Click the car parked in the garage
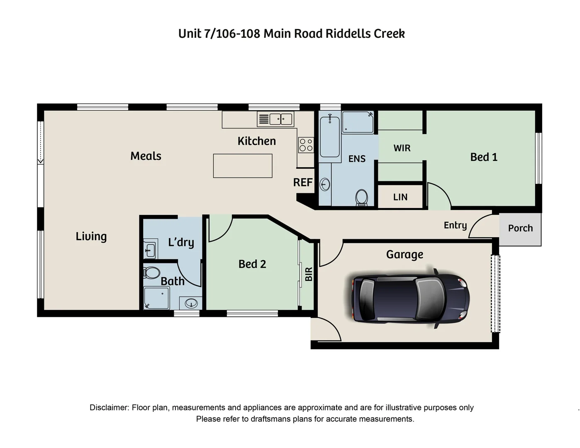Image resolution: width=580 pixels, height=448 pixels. click(x=410, y=297)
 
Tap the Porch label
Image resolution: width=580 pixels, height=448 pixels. click(x=520, y=228)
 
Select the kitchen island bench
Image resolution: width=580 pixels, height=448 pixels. click(x=243, y=166)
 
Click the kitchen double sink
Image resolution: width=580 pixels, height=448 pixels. click(x=281, y=119)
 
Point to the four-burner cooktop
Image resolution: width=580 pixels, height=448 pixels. click(x=306, y=145)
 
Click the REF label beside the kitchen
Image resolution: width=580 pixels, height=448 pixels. click(x=303, y=183)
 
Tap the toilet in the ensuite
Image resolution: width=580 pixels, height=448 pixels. click(x=361, y=197)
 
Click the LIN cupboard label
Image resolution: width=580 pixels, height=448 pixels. click(x=400, y=197)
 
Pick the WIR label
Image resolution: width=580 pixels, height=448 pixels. click(x=402, y=148)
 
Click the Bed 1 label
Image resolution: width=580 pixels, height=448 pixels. click(x=484, y=157)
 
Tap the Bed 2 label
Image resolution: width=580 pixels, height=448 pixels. click(x=252, y=264)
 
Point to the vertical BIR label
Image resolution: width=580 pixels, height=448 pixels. click(x=309, y=274)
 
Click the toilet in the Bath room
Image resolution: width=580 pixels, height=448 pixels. click(x=152, y=273)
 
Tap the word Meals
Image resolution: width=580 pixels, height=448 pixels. click(x=146, y=156)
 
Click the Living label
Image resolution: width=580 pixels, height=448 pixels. click(x=91, y=236)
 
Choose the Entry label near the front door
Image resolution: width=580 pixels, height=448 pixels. click(x=455, y=225)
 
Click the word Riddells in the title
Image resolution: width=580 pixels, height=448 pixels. click(x=348, y=34)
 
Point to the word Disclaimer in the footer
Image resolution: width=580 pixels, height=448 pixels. click(x=109, y=408)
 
